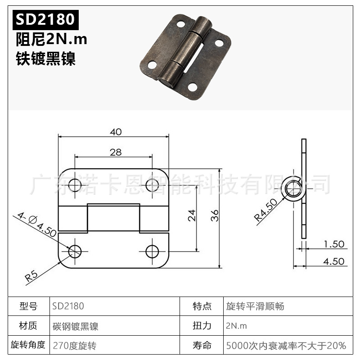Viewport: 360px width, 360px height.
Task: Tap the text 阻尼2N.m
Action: [51, 40]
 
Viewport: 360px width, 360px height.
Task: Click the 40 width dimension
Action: [116, 132]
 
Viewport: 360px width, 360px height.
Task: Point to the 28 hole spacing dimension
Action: [116, 152]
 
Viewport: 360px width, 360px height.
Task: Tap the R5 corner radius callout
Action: [31, 275]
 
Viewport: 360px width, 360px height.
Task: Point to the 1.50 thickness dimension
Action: [334, 244]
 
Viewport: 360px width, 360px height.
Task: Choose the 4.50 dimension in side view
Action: [334, 261]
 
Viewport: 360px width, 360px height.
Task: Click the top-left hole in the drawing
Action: [75, 185]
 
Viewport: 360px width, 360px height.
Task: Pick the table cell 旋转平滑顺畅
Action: [255, 307]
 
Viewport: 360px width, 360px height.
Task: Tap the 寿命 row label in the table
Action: [202, 346]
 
